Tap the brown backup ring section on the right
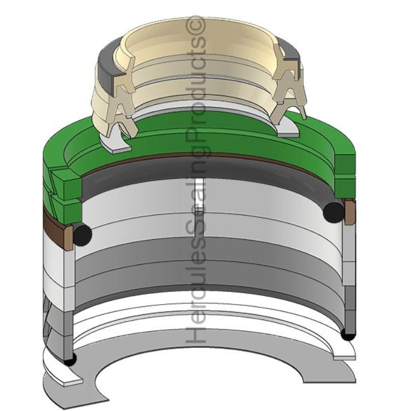coord(349,213)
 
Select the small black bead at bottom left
coord(69,361)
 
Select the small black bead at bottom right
coord(348,335)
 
